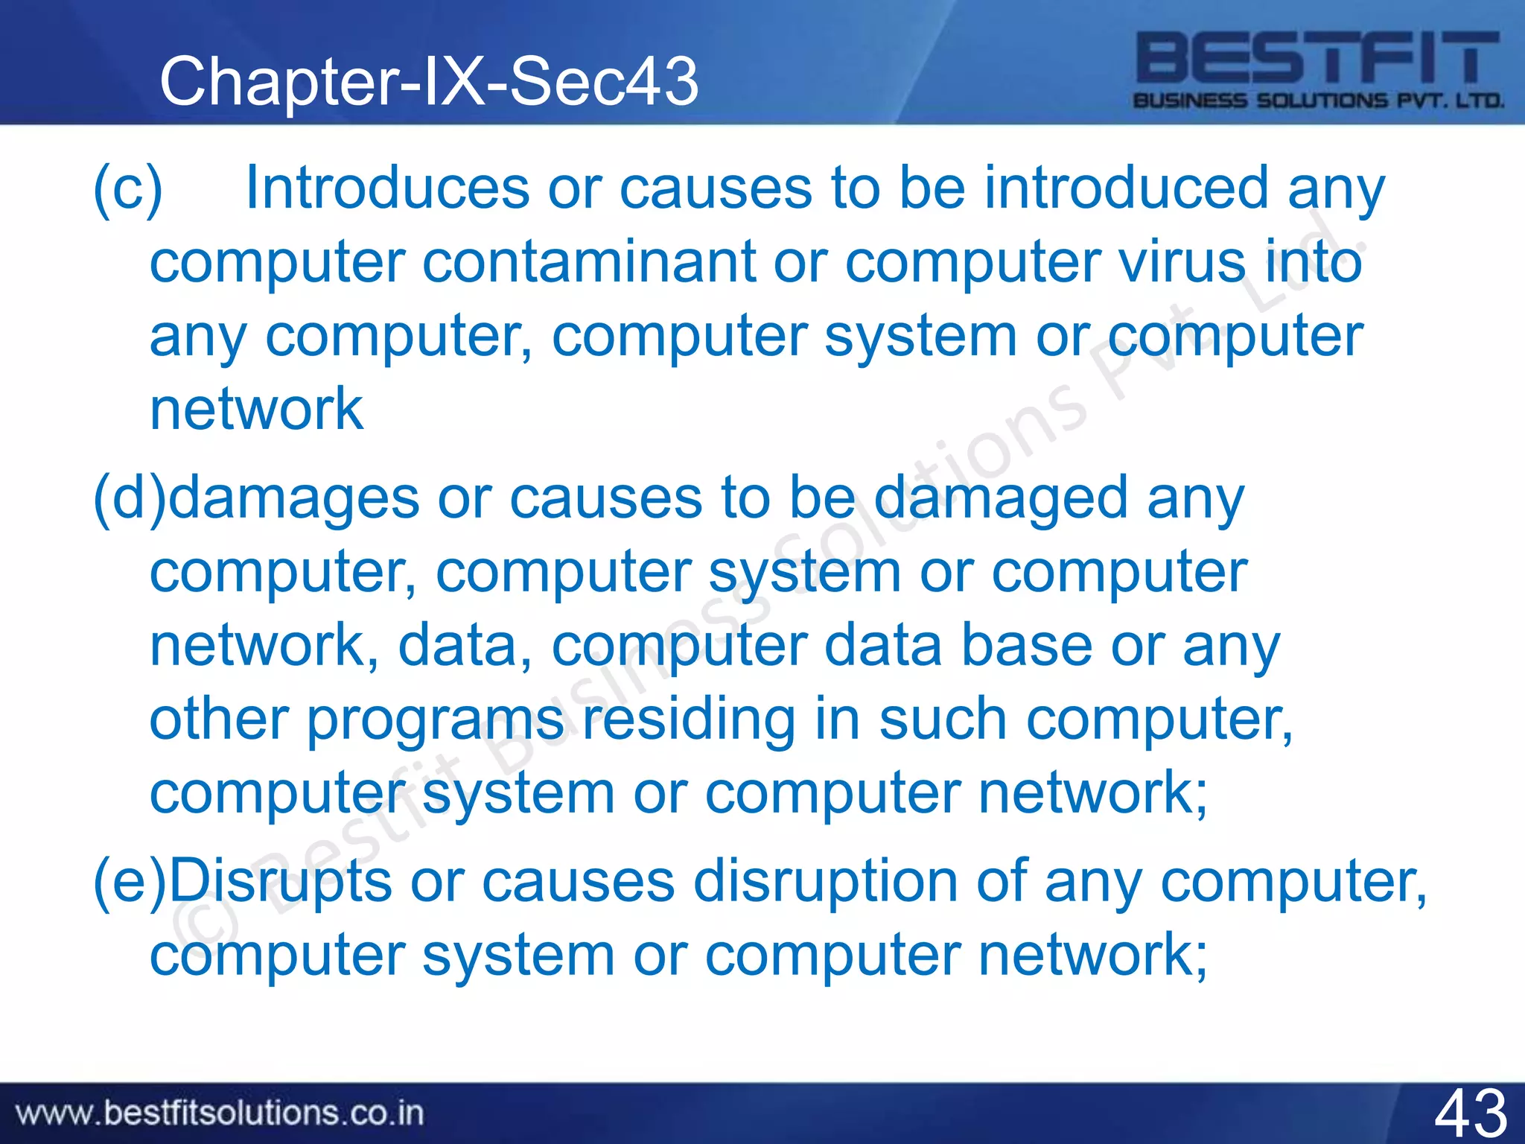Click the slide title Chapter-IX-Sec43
click(429, 81)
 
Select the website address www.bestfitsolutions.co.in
click(220, 1113)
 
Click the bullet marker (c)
click(127, 189)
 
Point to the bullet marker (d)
click(129, 498)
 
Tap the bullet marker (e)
click(129, 882)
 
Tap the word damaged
click(1001, 498)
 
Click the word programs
click(435, 721)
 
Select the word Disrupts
click(280, 883)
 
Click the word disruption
click(826, 883)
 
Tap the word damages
click(293, 500)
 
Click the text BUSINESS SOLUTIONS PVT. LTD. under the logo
click(1318, 101)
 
